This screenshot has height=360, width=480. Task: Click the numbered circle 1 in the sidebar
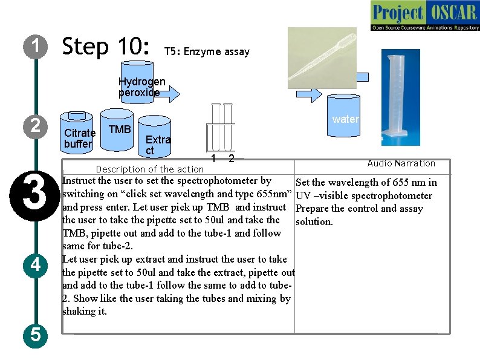pos(36,47)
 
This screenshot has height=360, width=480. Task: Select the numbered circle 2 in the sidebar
pos(36,126)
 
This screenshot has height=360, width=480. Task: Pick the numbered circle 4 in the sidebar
pos(36,265)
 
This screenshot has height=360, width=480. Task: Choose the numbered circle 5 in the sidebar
pos(36,335)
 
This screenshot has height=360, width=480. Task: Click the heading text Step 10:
pos(106,47)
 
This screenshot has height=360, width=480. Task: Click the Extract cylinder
pos(154,139)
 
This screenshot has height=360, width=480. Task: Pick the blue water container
pos(345,118)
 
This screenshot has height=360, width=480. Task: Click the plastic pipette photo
pos(322,57)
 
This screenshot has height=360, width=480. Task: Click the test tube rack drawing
pos(219,128)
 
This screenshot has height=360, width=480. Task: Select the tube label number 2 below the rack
pos(230,159)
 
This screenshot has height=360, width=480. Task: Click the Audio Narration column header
pos(401,163)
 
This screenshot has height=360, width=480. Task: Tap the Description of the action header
pos(149,169)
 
